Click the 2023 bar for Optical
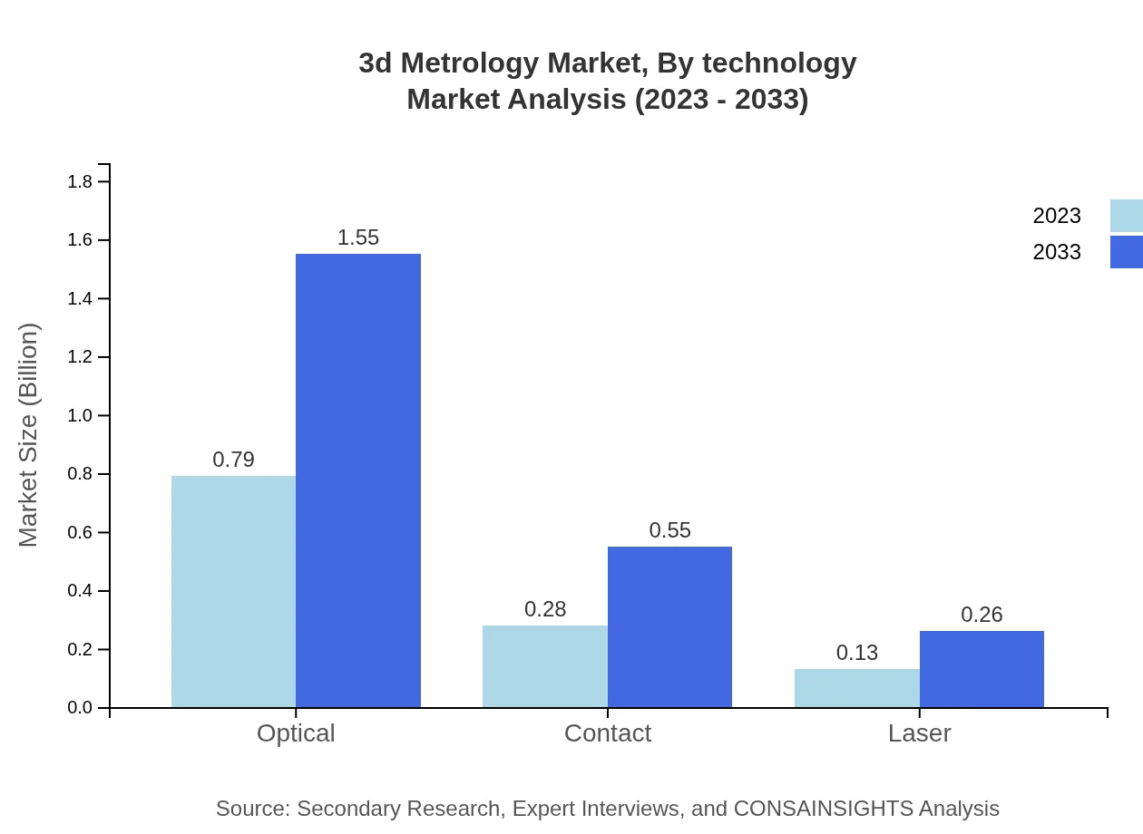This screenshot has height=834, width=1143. coord(233,591)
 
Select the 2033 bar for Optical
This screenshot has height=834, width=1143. coord(358,480)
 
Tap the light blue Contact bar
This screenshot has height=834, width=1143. coord(545,666)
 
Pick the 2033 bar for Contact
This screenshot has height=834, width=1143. coord(669,626)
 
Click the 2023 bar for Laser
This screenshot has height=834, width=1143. coord(856,688)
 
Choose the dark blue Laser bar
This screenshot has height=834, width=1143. coord(982,669)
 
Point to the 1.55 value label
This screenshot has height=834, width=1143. coord(358,238)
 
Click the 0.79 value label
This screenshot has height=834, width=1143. coord(233,460)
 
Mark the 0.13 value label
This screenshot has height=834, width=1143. coord(856,653)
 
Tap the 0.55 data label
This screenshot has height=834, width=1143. coord(669,530)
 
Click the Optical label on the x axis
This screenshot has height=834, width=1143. coord(296,732)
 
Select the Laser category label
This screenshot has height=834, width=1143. coord(919,732)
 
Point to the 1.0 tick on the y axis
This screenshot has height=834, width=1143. coord(81,415)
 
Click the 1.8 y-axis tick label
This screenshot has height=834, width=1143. coord(81,181)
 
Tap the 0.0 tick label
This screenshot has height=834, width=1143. coord(81,708)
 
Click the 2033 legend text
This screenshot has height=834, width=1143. coord(1057,252)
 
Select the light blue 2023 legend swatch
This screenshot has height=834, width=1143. coord(1126,216)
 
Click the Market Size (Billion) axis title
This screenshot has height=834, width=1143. coord(29,435)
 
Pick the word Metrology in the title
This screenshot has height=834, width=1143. coord(474,63)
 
